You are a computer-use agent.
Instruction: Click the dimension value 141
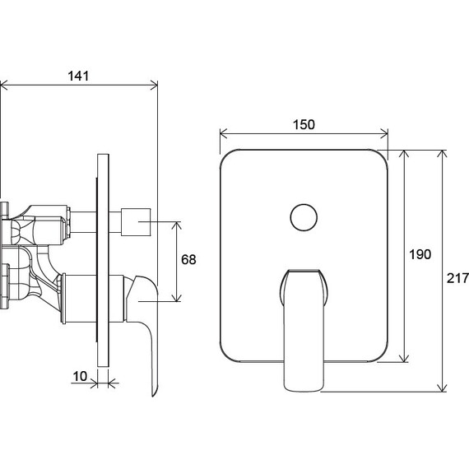(x=78, y=76)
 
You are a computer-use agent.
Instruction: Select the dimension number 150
(x=304, y=125)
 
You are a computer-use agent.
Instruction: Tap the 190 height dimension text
(x=420, y=254)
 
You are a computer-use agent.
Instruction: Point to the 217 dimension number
(x=457, y=278)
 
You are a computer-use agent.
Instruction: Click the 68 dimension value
(x=188, y=259)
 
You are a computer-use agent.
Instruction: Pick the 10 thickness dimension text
(x=80, y=377)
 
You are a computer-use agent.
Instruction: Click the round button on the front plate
(x=304, y=217)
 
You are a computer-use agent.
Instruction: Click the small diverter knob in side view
(x=136, y=222)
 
